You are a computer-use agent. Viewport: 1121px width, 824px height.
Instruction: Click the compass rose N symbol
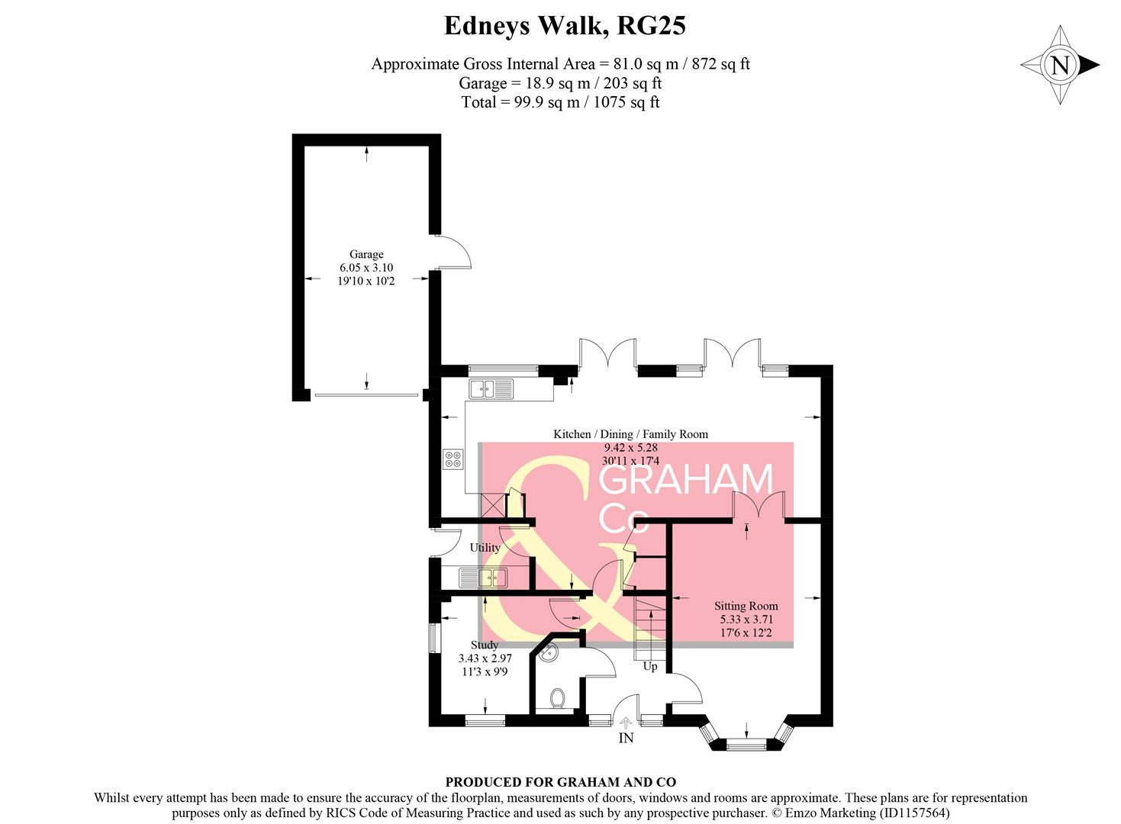(x=1060, y=65)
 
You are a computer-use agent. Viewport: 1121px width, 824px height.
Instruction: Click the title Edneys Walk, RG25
(x=565, y=26)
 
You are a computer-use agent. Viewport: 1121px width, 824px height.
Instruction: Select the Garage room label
(x=366, y=254)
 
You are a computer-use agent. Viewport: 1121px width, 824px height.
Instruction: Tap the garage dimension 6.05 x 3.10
(x=366, y=268)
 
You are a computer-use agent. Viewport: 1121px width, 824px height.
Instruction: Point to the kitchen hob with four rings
(x=453, y=459)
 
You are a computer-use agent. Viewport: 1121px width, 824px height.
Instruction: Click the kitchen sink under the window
(x=491, y=389)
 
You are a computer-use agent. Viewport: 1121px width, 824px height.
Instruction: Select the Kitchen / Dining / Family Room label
(x=630, y=434)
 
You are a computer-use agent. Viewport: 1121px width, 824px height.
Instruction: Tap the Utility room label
(x=485, y=547)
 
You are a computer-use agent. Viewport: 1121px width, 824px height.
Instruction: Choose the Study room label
(x=485, y=645)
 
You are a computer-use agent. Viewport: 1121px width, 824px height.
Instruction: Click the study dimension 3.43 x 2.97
(x=485, y=658)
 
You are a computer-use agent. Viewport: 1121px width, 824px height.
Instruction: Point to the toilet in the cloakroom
(x=557, y=698)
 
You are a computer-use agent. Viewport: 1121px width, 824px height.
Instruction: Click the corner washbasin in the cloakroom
(x=549, y=653)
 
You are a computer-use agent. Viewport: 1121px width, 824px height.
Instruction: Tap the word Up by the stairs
(x=650, y=666)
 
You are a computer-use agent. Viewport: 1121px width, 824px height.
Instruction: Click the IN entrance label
(x=626, y=738)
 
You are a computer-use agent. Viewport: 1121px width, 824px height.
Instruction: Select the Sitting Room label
(x=746, y=606)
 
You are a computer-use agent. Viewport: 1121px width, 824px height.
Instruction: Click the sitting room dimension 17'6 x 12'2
(x=746, y=633)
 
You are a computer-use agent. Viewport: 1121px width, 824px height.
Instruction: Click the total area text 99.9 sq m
(x=560, y=102)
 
